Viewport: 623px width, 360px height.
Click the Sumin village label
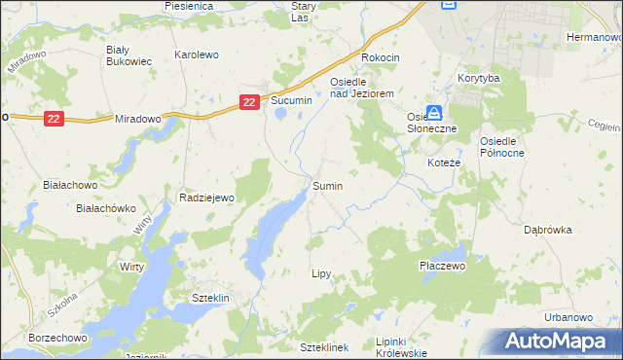[x=327, y=185]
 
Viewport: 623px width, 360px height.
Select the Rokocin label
[x=381, y=57]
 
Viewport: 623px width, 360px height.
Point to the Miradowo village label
[x=137, y=118]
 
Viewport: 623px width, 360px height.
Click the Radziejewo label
[x=207, y=198]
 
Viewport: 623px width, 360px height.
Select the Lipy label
[x=321, y=274]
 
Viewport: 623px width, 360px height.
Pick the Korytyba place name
[x=478, y=77]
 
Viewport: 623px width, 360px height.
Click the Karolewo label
[x=196, y=55]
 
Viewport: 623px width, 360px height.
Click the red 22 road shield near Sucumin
[x=249, y=100]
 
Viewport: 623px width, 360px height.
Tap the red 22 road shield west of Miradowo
[x=53, y=118]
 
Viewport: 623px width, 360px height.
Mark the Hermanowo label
[x=593, y=37]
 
